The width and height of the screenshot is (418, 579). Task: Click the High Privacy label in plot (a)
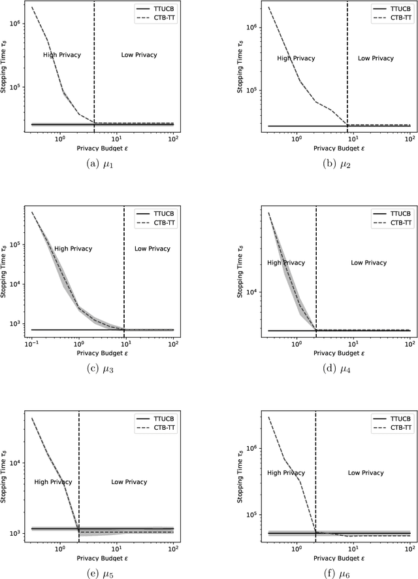[x=61, y=55]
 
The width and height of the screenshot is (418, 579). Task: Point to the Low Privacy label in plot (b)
[x=376, y=58]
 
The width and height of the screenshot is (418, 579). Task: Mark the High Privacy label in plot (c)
[x=73, y=249]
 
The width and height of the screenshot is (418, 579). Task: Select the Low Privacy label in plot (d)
[x=368, y=262]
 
